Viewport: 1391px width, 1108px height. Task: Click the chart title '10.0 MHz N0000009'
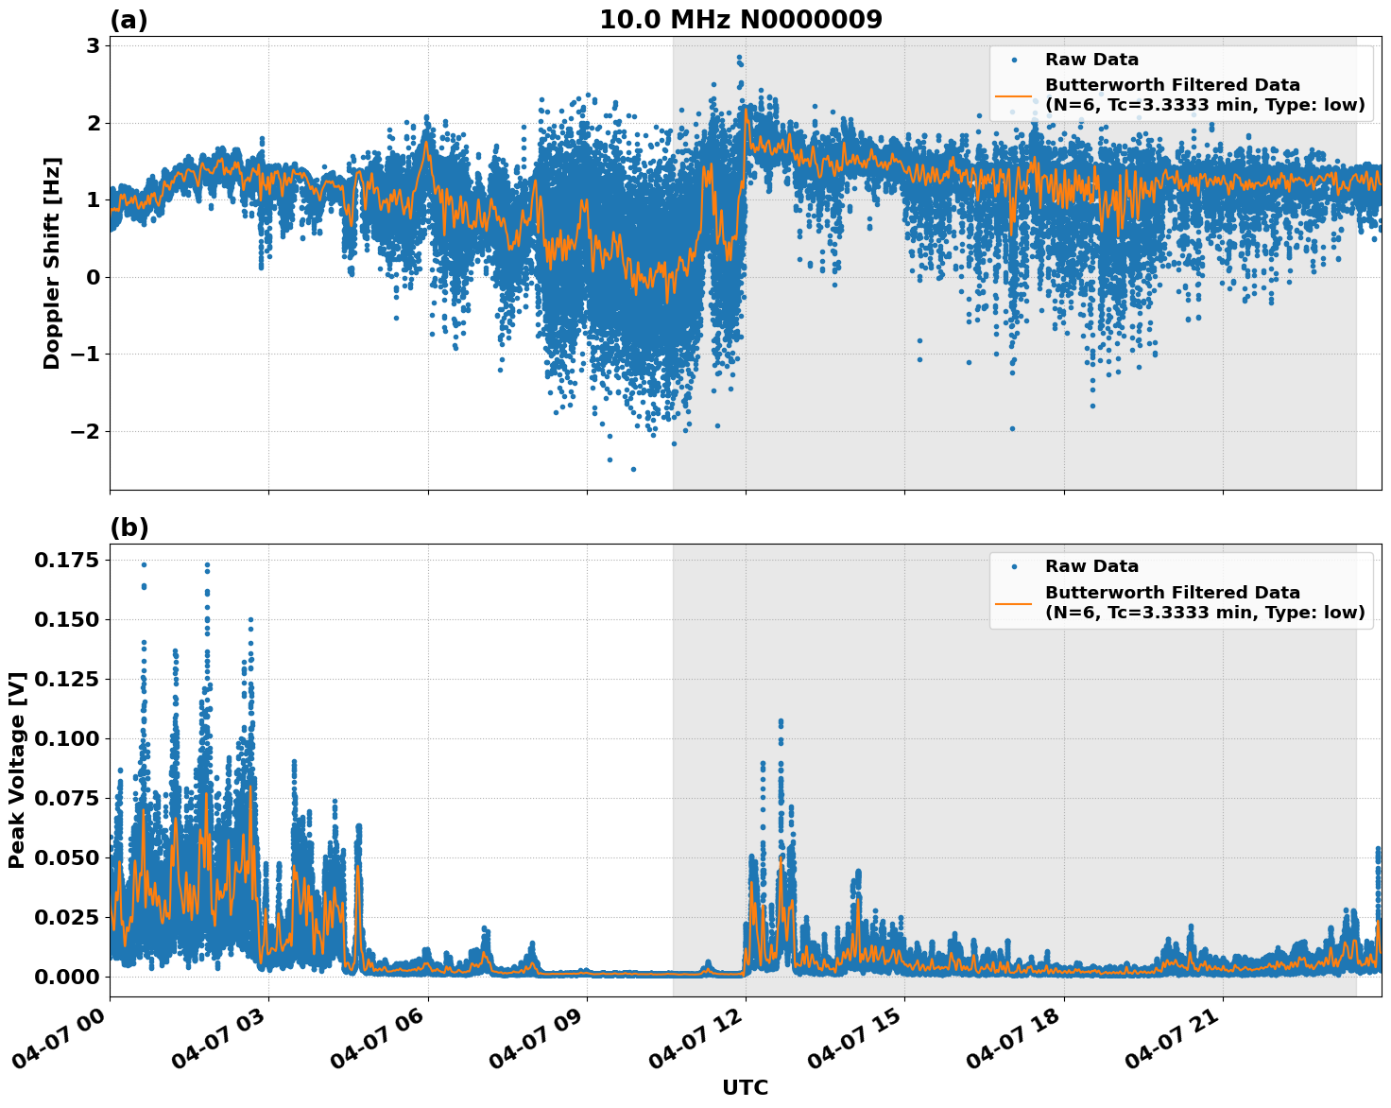740,20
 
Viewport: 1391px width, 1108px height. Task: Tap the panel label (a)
129,20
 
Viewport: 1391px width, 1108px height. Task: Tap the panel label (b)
129,528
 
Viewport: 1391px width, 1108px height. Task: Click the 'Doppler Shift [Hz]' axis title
52,263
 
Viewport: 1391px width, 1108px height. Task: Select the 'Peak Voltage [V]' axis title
16,770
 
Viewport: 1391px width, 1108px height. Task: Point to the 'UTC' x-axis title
745,1087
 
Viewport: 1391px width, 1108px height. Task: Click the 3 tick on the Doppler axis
94,46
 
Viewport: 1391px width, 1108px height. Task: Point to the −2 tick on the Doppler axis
83,432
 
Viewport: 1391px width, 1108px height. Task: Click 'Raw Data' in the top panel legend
1091,60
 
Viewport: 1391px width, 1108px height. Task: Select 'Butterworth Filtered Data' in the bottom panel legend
1172,593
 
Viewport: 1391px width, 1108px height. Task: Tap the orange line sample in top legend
1014,95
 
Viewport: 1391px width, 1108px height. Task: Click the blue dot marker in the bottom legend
1014,566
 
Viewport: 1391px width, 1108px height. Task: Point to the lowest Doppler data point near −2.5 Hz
633,469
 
